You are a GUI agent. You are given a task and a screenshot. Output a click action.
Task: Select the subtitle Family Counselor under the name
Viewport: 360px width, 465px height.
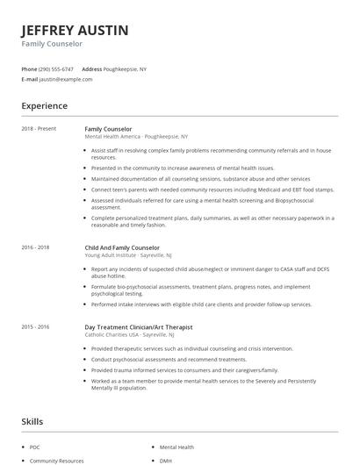click(52, 43)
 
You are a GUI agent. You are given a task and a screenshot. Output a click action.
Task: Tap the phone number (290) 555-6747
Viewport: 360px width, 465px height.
click(57, 68)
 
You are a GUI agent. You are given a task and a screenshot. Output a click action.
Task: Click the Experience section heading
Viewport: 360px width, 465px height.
click(44, 106)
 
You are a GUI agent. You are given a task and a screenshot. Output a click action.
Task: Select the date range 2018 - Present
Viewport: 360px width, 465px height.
click(39, 129)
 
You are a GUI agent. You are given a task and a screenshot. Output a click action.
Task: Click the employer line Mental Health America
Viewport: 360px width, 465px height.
click(136, 137)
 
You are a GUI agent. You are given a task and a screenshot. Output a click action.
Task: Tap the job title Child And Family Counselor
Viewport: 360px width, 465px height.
click(122, 247)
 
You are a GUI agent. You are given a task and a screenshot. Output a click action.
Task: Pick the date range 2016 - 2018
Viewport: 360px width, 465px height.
click(35, 247)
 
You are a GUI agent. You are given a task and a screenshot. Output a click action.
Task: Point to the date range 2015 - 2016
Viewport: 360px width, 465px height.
click(35, 326)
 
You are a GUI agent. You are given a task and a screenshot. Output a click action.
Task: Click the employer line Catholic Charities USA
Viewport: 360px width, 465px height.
click(133, 334)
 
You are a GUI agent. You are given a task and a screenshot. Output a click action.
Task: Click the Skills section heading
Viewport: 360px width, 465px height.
click(33, 421)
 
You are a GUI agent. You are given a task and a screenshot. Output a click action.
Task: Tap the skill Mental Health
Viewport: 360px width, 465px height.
click(176, 447)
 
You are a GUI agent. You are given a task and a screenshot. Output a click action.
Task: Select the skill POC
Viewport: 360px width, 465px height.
click(35, 447)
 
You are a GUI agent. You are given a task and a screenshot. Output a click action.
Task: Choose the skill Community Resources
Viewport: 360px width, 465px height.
click(56, 460)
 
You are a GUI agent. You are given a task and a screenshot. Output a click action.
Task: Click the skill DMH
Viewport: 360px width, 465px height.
click(165, 460)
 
